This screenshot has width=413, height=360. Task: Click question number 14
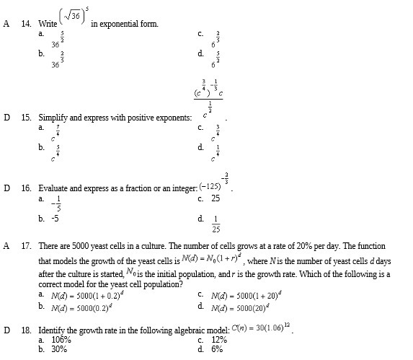coord(26,24)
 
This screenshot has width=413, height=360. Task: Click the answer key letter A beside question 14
coord(6,24)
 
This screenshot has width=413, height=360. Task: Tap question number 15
coord(26,116)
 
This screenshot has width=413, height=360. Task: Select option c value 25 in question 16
coord(216,198)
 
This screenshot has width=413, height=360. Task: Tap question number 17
coord(26,246)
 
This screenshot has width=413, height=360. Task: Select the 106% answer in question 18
coord(61,339)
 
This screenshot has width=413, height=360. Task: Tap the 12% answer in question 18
coord(218,339)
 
